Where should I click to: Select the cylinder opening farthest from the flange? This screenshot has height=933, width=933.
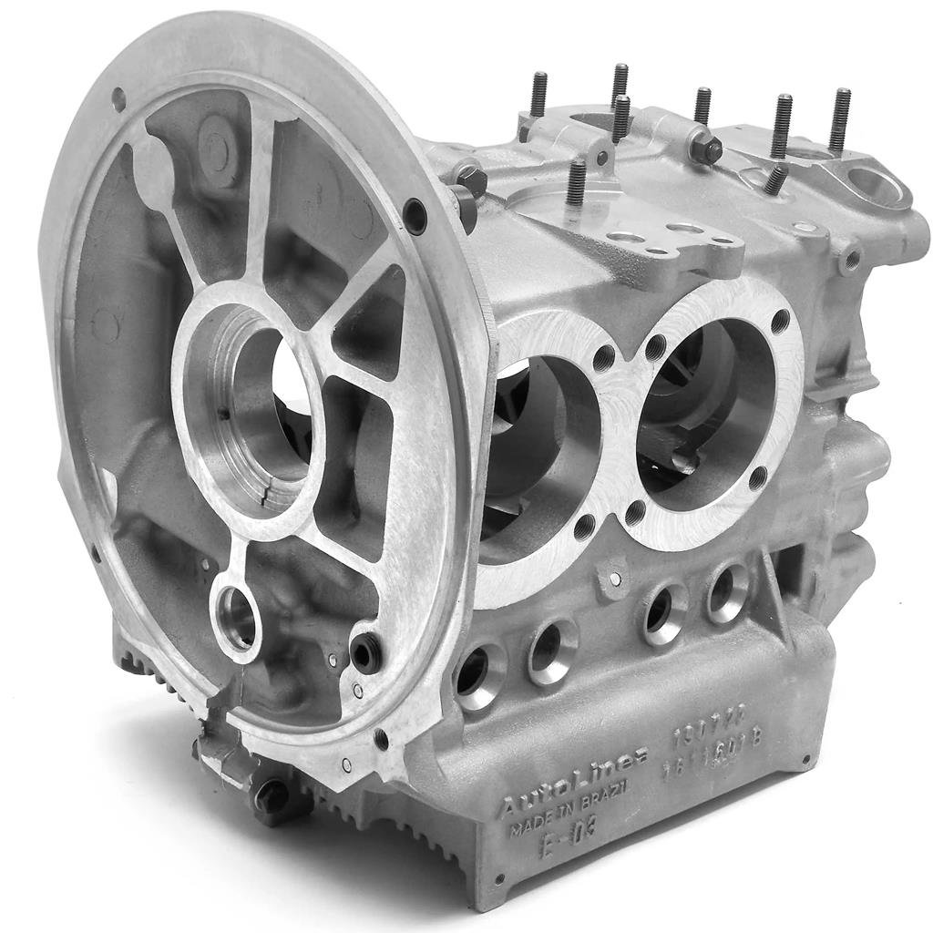706,401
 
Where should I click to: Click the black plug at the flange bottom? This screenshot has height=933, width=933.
366,653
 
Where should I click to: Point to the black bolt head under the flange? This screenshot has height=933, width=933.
271,797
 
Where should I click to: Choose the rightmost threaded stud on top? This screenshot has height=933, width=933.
839,119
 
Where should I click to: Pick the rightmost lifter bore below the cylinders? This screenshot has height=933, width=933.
728,592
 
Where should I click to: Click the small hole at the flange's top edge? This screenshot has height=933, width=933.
118,97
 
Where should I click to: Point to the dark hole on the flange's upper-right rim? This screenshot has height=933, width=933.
415,216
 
